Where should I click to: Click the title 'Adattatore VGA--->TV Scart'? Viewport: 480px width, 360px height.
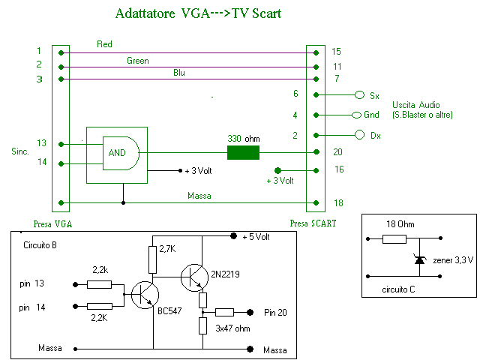[199, 13]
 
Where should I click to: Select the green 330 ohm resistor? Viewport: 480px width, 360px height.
[243, 153]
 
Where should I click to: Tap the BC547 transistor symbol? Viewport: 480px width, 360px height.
[144, 295]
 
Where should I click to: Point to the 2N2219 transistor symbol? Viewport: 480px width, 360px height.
[194, 276]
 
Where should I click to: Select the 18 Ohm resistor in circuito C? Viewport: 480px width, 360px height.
[394, 239]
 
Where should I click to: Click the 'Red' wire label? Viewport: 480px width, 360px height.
[105, 44]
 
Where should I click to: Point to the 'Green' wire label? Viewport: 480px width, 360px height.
[137, 61]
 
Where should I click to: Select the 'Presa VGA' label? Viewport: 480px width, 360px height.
[52, 223]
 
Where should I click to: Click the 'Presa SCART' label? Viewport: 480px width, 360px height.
[313, 223]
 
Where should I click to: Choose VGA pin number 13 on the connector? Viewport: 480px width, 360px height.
[40, 142]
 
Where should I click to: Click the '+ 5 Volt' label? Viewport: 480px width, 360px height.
[256, 237]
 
